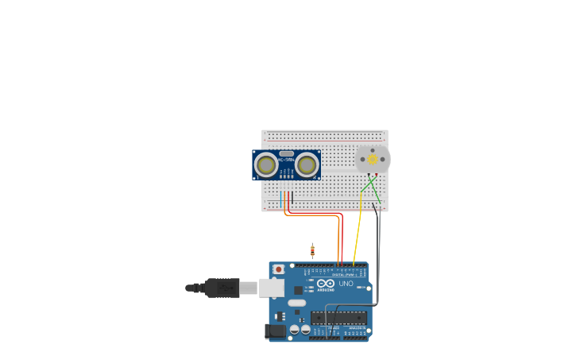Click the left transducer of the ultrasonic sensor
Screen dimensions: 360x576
point(266,165)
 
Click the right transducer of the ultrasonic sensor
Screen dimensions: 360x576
point(307,165)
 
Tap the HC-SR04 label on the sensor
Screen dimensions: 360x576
point(286,160)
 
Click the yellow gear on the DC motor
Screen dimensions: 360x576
point(372,159)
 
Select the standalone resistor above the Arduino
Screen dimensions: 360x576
point(312,251)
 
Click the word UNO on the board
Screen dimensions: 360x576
point(346,283)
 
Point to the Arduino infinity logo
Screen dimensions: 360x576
point(326,283)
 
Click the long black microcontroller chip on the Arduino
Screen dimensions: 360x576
point(338,317)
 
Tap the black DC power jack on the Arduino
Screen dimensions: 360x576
point(274,331)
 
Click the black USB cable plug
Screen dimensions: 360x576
point(222,287)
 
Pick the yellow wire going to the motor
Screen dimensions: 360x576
point(357,230)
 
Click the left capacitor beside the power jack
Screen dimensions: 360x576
point(295,329)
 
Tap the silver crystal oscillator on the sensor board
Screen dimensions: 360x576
point(286,153)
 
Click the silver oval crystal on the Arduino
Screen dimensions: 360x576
point(296,303)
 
